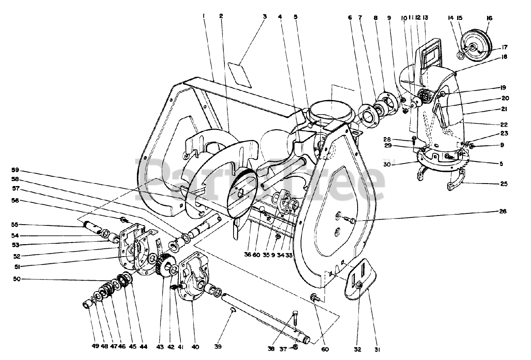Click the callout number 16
point(489,18)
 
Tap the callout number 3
point(265,17)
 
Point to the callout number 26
point(503,211)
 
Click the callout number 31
point(377,349)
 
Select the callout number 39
point(218,347)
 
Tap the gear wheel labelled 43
point(165,264)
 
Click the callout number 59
point(15,170)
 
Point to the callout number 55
point(15,225)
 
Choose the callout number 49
point(95,346)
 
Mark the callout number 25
point(504,184)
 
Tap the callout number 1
point(203,16)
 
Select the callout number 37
point(283,349)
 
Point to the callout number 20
point(505,98)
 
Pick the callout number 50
point(17,279)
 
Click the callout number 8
point(375,17)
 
